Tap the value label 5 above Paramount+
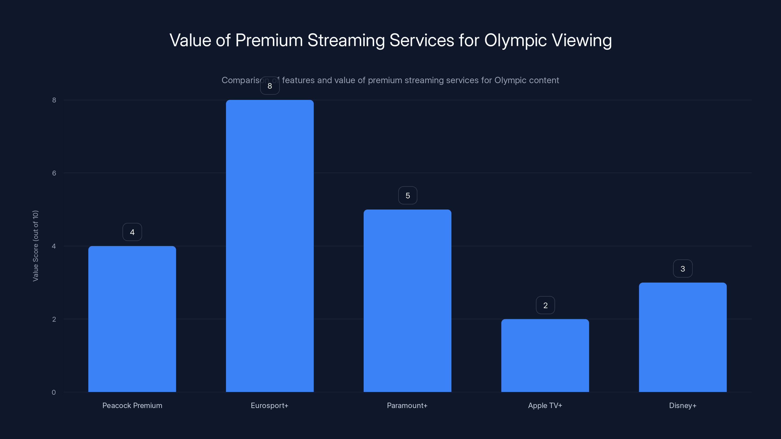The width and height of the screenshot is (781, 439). [x=408, y=195]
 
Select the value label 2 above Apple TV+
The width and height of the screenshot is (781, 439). [x=545, y=305]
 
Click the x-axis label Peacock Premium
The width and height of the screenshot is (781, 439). [x=132, y=405]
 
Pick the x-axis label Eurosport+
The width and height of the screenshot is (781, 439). [x=269, y=405]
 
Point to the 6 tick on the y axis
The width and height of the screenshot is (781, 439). [x=54, y=173]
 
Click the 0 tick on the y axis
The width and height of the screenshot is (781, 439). [x=54, y=392]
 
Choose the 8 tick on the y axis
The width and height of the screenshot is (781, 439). [x=54, y=100]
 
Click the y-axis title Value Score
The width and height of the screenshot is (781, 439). [x=35, y=246]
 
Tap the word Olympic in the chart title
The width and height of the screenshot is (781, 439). [x=515, y=40]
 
